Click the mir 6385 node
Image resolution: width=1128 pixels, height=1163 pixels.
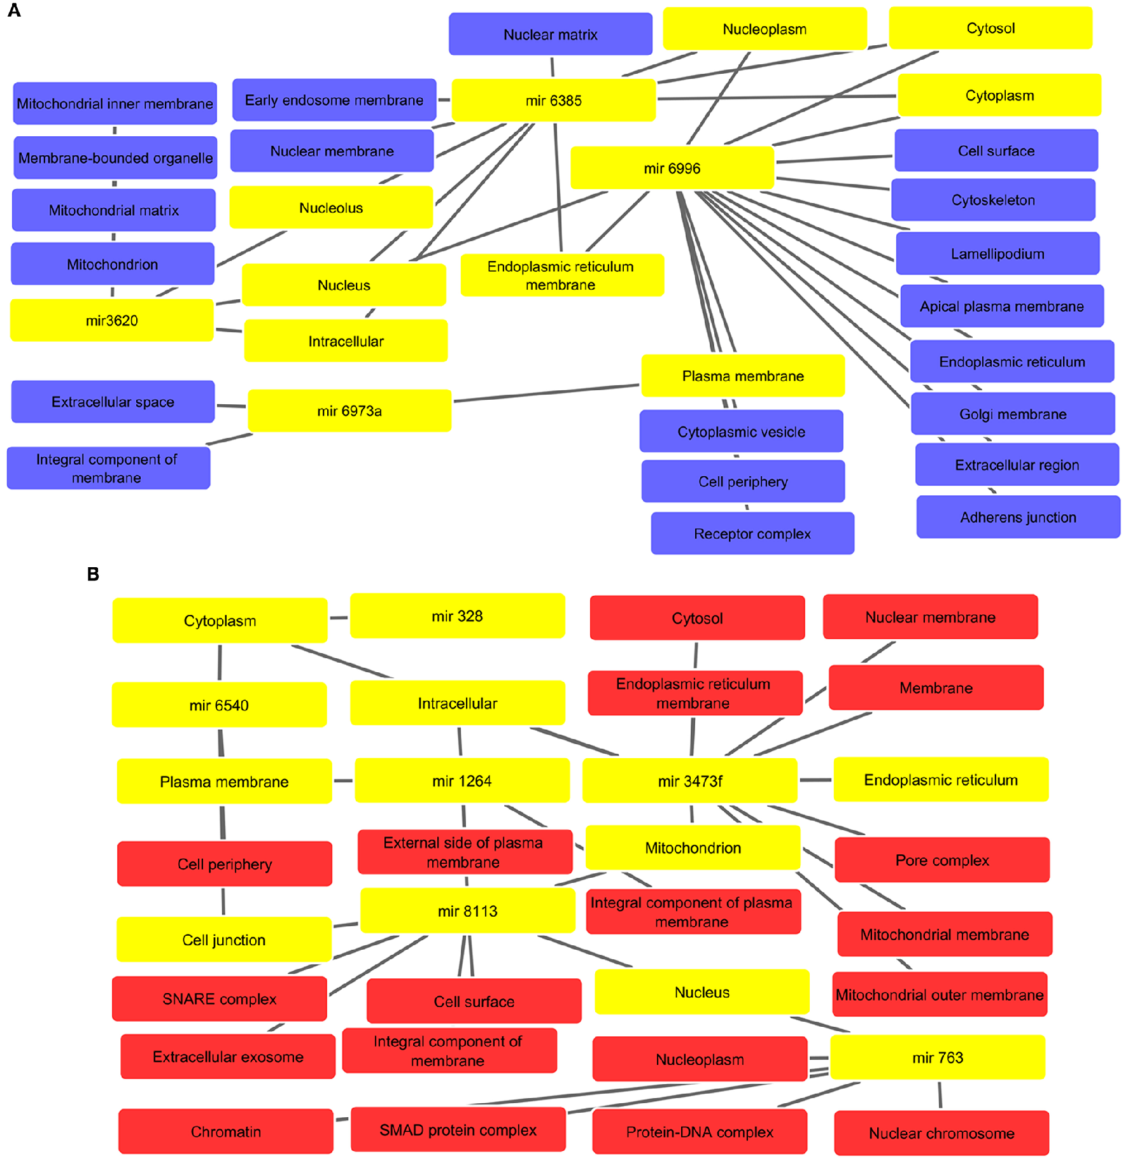tap(553, 100)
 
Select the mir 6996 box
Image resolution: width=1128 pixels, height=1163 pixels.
tap(672, 168)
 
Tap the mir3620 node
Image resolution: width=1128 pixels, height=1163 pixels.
tap(112, 320)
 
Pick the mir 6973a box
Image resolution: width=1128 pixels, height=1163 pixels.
tap(349, 411)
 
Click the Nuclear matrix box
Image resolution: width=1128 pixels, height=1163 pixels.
tap(550, 34)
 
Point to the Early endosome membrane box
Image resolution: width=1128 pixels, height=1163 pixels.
tap(334, 100)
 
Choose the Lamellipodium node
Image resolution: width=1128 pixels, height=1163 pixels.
tap(998, 253)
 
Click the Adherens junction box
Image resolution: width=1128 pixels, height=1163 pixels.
tap(1018, 517)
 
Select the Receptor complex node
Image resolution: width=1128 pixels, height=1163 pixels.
tap(752, 533)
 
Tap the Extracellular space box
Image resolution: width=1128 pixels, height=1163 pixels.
tap(113, 402)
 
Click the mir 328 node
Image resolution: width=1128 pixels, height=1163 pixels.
tap(457, 616)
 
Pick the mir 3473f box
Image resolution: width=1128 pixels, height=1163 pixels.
tap(690, 780)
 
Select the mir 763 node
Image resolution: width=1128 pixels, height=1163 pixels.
tap(938, 1057)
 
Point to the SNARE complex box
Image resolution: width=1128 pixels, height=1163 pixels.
tap(220, 999)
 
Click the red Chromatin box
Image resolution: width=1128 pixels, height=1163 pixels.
tap(226, 1131)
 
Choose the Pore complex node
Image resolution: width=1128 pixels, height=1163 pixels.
tap(942, 860)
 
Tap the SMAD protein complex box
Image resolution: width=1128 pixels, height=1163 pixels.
tap(458, 1130)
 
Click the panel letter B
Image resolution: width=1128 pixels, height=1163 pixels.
tap(93, 574)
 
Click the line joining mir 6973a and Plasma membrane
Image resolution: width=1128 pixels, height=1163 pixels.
tap(546, 393)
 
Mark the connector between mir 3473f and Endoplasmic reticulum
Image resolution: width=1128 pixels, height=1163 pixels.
tap(815, 780)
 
